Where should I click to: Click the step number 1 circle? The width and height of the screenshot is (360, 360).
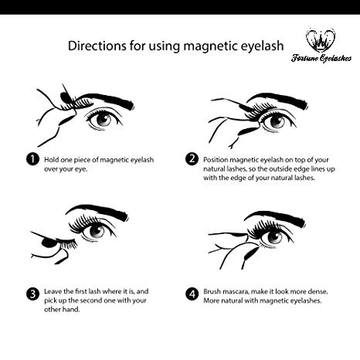32,159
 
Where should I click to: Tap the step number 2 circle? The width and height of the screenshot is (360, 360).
192,159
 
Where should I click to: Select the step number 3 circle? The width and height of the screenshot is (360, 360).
32,294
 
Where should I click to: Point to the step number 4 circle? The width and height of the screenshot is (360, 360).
192,294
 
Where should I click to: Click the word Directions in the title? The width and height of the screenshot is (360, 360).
97,46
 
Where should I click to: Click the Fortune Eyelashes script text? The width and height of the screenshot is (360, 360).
321,58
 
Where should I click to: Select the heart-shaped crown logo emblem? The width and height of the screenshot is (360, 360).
321,40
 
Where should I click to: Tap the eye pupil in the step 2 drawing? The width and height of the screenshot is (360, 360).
277,121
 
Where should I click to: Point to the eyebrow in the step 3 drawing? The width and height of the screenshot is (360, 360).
99,211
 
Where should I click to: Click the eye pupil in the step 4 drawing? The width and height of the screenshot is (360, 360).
274,236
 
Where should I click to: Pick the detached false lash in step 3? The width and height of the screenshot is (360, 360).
67,243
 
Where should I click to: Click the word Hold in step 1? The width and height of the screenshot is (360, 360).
51,160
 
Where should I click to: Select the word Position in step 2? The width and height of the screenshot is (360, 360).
216,160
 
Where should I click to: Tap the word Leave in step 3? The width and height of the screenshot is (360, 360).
53,291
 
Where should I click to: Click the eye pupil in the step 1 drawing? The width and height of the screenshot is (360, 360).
103,120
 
